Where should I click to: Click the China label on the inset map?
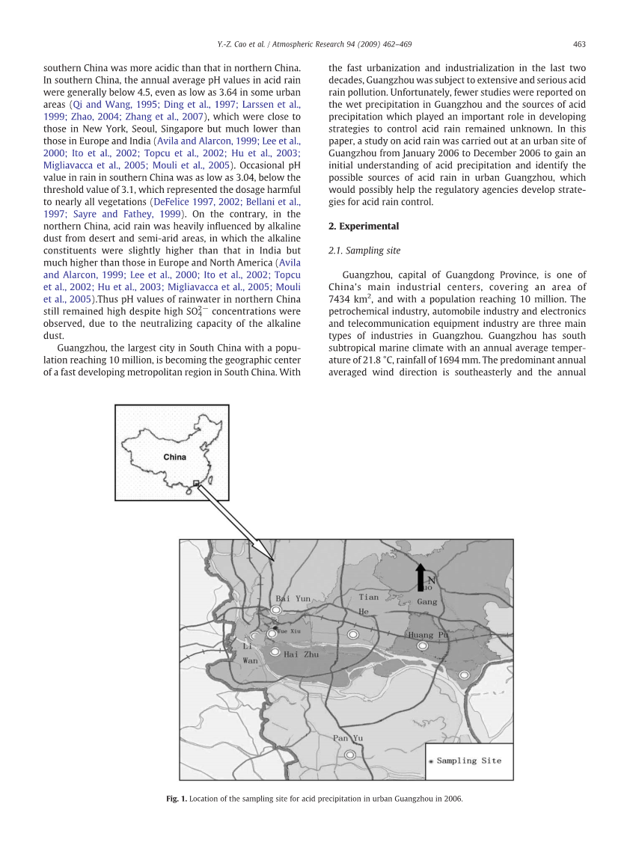(174, 456)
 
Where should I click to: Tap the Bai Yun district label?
(293, 598)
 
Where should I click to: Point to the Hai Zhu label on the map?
(301, 654)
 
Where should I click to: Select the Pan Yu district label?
(348, 738)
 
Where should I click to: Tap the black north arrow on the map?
(421, 577)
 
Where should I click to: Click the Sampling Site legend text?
(469, 761)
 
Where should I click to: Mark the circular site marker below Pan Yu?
(350, 755)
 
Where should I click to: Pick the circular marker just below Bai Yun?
(276, 610)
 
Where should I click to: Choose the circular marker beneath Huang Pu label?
(423, 645)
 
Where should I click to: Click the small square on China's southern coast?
(196, 483)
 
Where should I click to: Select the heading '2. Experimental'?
(364, 226)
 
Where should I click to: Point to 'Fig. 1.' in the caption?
(176, 799)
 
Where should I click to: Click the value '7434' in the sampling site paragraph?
(342, 299)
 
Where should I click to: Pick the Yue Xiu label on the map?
(289, 632)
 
